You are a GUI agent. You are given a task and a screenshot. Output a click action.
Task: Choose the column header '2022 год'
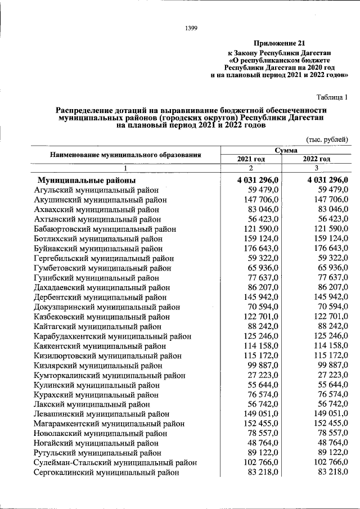[x=316, y=159]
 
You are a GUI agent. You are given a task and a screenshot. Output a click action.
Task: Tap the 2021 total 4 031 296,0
[x=254, y=180]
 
